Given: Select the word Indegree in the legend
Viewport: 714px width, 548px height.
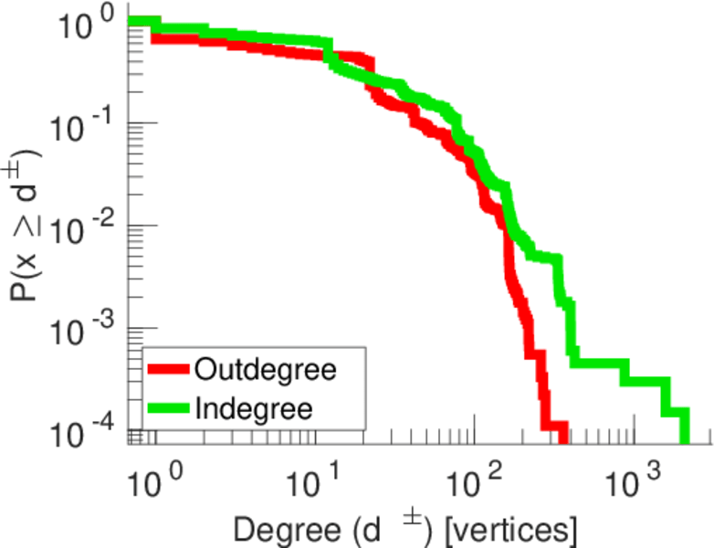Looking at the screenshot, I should click(x=254, y=408).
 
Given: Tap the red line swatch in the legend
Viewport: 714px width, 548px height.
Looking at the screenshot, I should click(x=169, y=371).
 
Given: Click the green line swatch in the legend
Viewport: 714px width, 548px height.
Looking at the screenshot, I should click(x=169, y=408).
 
